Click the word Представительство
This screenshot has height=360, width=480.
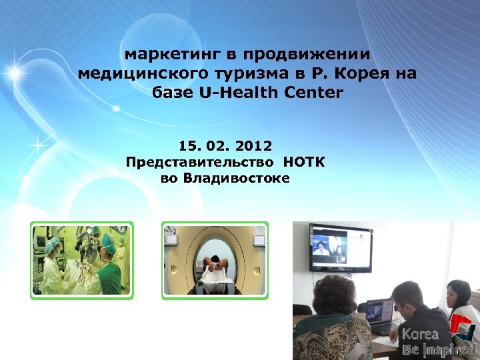click(x=199, y=162)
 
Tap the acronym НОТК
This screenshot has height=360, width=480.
click(x=304, y=162)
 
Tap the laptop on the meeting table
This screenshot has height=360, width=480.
click(x=379, y=315)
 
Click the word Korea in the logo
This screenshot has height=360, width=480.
click(x=420, y=335)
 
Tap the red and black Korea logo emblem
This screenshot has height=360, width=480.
click(x=461, y=329)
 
